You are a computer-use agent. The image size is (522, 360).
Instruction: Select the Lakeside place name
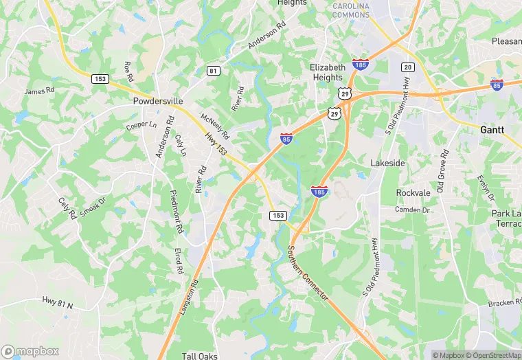pos(387,164)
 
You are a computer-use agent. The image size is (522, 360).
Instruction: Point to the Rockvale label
pos(413,192)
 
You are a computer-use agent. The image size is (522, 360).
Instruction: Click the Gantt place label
pos(493,129)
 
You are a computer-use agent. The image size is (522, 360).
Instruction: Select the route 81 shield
pos(214,71)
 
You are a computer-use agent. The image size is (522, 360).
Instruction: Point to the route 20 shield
pos(407,67)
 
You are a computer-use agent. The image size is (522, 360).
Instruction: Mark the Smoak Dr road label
pos(93,208)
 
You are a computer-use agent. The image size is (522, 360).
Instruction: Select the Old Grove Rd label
pos(443,169)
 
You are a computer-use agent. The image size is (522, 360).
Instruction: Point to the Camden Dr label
pos(412,210)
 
